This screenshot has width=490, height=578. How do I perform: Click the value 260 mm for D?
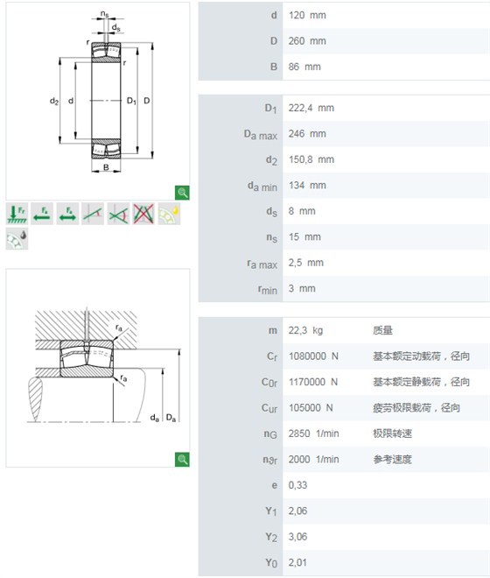point(307,41)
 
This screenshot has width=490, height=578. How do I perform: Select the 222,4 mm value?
point(311,108)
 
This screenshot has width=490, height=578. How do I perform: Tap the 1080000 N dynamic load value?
point(313,356)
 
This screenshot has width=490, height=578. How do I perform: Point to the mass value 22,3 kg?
point(305,330)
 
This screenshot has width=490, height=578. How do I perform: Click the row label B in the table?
point(273,67)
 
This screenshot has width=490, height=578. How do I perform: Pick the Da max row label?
point(261,135)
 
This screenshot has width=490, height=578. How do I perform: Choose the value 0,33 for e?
point(297,485)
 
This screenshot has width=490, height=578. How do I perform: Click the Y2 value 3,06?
point(297,537)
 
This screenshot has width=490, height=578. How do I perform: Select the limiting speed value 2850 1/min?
point(313,433)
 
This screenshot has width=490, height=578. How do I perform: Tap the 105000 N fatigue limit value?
point(311,408)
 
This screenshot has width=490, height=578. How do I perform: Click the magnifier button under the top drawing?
point(182,193)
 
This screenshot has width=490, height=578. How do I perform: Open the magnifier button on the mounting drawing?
point(182,459)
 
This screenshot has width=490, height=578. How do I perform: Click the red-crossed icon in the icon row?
point(143,214)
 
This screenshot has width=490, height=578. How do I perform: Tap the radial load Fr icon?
point(17,214)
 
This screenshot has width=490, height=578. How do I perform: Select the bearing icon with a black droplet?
point(17,239)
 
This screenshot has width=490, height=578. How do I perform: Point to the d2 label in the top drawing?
point(54,101)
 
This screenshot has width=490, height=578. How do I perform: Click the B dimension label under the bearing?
point(106,167)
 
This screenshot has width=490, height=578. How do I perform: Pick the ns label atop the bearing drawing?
point(105,14)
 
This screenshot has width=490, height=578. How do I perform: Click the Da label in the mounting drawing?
point(171,418)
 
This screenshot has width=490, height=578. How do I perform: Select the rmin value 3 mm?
point(302,288)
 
